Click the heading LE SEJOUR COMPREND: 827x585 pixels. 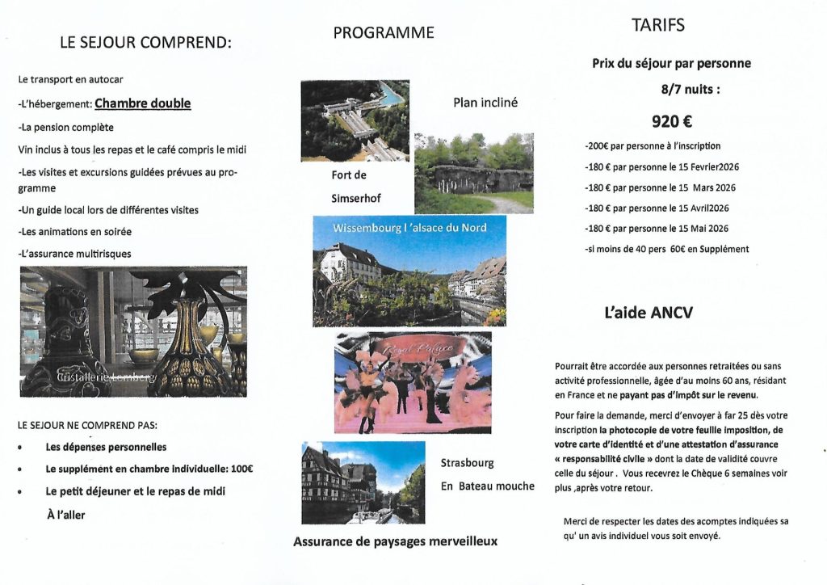145,43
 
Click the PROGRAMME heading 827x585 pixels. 383,32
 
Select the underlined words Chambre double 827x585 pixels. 143,103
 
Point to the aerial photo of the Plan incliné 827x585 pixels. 355,120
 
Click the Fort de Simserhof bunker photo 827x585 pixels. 474,173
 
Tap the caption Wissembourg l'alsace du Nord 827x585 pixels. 409,228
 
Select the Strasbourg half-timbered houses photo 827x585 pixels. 363,482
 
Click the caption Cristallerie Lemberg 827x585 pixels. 106,377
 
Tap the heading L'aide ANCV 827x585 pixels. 648,314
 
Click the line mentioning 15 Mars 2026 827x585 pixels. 660,187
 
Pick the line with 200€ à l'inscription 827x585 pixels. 652,146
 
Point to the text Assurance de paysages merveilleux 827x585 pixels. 395,541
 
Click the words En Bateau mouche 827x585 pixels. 487,486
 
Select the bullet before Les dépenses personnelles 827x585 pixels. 31,447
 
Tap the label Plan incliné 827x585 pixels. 485,103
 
